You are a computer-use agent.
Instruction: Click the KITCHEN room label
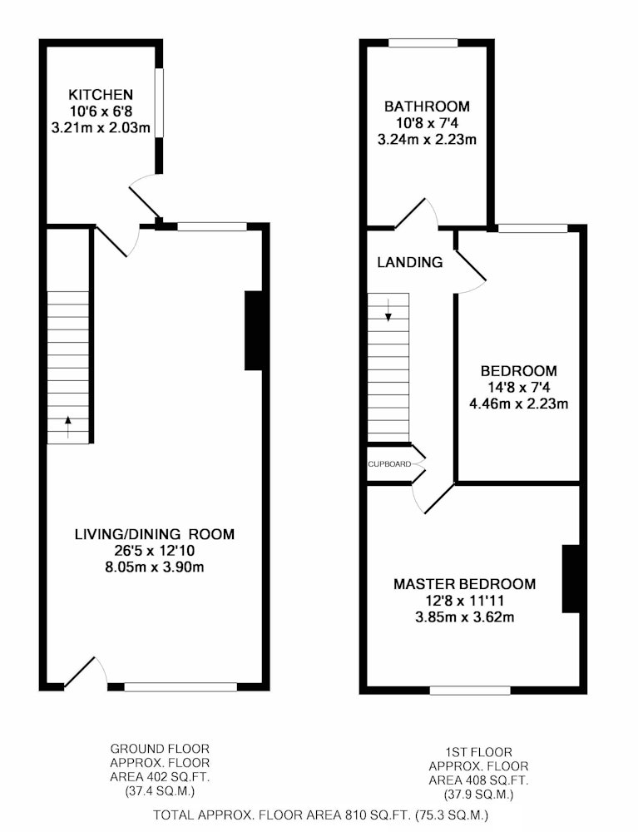101,95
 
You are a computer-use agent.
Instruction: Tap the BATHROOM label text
427,106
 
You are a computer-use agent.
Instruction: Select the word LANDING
410,262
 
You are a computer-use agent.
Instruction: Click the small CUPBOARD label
389,464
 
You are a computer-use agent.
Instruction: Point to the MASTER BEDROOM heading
465,584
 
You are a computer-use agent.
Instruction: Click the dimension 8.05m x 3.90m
155,567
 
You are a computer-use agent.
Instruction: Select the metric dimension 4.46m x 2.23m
519,404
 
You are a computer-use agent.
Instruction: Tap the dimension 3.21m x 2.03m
101,128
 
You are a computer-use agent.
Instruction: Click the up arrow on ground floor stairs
68,427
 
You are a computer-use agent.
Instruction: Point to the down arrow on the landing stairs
388,310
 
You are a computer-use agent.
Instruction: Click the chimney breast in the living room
254,330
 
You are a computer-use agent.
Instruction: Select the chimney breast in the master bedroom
571,578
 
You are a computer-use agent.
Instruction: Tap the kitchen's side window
159,102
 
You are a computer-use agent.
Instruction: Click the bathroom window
423,43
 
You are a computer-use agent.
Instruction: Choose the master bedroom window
470,691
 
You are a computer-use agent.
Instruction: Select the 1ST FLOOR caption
478,752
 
